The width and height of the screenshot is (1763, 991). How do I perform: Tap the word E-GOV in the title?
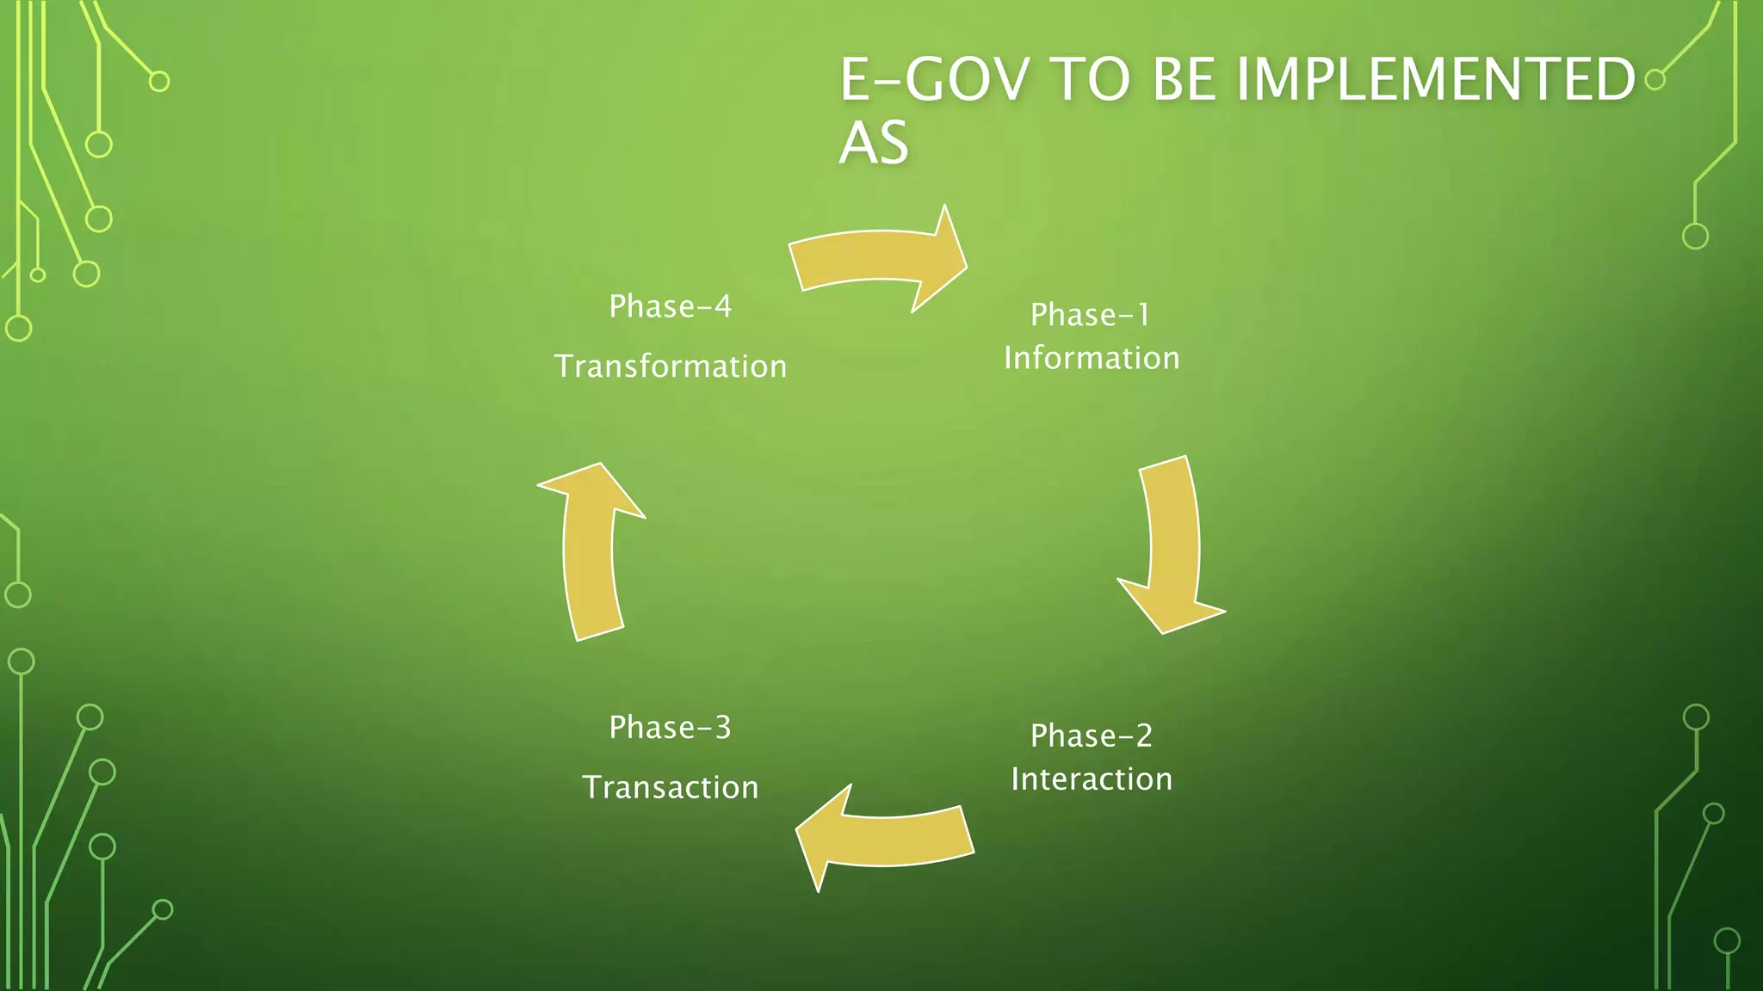[x=933, y=79]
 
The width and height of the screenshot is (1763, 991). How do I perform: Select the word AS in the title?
[x=874, y=143]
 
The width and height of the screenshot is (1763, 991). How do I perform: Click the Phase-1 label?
[x=1091, y=315]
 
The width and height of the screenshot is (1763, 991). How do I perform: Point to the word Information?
[x=1092, y=358]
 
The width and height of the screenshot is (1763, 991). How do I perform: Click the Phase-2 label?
[x=1091, y=736]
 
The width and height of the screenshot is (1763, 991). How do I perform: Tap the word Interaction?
[x=1092, y=779]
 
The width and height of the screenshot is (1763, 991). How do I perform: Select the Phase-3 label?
[x=670, y=728]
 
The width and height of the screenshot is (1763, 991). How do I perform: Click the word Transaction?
[x=671, y=788]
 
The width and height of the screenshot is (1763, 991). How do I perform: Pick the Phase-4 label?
[x=670, y=306]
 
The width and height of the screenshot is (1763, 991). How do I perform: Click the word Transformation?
[x=671, y=366]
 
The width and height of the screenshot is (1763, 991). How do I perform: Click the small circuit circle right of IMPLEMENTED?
[x=1655, y=80]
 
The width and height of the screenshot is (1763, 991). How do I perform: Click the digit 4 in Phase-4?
[x=722, y=306]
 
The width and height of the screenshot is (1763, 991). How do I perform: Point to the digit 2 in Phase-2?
[x=1144, y=736]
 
